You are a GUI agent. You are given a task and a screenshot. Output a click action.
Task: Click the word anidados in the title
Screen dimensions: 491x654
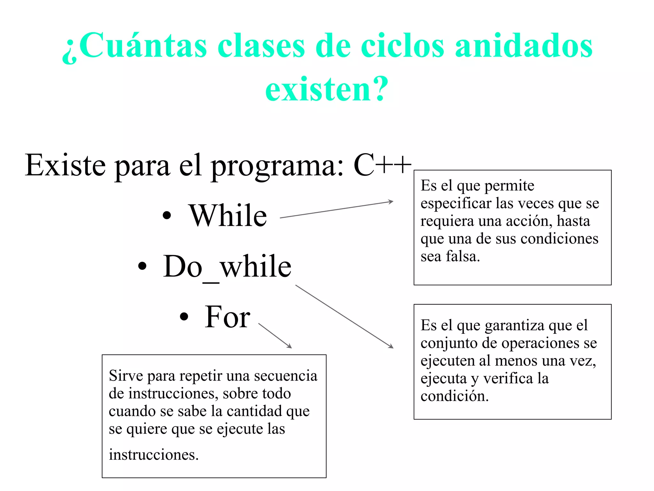pyautogui.click(x=524, y=46)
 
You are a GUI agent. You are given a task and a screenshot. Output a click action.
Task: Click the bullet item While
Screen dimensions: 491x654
pyautogui.click(x=228, y=216)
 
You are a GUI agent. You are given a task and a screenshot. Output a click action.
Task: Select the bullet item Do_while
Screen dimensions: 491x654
pyautogui.click(x=227, y=267)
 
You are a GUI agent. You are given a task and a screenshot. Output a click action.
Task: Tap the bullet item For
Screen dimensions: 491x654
pyautogui.click(x=227, y=317)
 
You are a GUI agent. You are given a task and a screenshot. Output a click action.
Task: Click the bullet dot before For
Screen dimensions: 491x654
pyautogui.click(x=184, y=317)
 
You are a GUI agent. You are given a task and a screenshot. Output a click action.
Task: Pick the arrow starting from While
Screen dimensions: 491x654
pyautogui.click(x=336, y=209)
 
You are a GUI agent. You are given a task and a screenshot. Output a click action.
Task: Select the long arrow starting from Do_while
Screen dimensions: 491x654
pyautogui.click(x=344, y=316)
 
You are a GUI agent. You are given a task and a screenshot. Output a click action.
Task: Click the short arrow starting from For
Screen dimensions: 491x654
pyautogui.click(x=275, y=336)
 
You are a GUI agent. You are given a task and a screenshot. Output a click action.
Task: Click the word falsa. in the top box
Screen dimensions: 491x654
pyautogui.click(x=463, y=256)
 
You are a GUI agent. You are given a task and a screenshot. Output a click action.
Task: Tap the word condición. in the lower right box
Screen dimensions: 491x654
pyautogui.click(x=454, y=396)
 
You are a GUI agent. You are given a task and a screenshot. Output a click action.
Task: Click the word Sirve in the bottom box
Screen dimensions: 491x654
pyautogui.click(x=126, y=376)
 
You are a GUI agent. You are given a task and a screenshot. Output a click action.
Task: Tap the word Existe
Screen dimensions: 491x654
pyautogui.click(x=65, y=165)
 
